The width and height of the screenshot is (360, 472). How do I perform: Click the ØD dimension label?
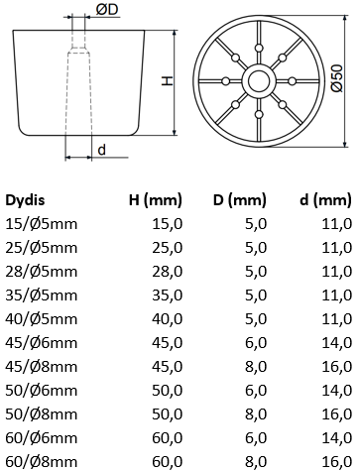(x=107, y=10)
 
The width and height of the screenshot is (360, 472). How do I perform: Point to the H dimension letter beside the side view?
(x=167, y=81)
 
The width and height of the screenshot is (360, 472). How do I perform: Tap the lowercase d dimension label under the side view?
(x=102, y=150)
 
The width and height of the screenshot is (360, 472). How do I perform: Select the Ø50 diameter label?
(x=337, y=78)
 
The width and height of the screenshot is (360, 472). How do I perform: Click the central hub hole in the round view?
(x=259, y=81)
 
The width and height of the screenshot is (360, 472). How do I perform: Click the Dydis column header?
(x=25, y=200)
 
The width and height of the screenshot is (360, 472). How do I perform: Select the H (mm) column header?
(x=156, y=200)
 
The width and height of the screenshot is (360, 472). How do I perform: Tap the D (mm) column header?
(x=240, y=200)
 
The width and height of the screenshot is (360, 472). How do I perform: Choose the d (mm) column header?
(x=325, y=200)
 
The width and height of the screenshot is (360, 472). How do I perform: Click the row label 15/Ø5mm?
(x=42, y=224)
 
